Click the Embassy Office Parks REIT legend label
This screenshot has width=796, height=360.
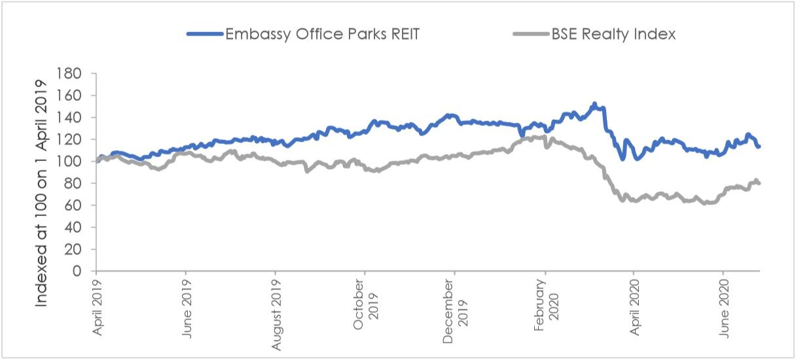point(322,34)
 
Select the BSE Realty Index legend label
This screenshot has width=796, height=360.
point(613,34)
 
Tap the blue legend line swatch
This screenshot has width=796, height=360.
point(204,34)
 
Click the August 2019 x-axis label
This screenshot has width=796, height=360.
point(276,313)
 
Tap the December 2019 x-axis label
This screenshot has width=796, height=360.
point(455,308)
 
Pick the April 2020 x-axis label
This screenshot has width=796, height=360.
point(634,309)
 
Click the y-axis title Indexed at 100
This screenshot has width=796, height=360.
point(42,194)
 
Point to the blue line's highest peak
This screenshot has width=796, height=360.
point(594,103)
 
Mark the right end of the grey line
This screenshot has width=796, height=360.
point(759,183)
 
